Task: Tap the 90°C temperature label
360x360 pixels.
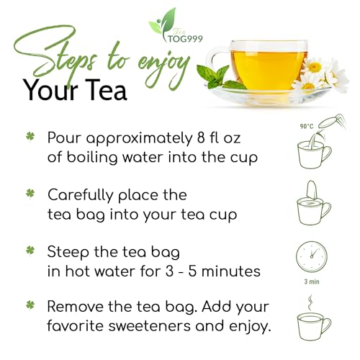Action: point(305,127)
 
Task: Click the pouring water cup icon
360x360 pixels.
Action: point(314,150)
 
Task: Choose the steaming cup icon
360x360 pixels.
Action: point(312,320)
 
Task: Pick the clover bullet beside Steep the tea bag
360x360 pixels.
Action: point(30,251)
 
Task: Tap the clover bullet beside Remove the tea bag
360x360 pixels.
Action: point(30,308)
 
